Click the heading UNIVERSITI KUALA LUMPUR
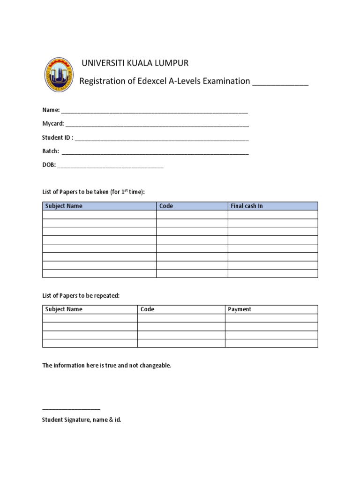(x=135, y=63)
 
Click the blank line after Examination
(x=280, y=82)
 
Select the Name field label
(x=51, y=110)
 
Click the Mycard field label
(x=53, y=124)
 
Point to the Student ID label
(x=58, y=138)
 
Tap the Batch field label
(x=51, y=151)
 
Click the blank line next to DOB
(x=111, y=166)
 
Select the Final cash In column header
(x=247, y=206)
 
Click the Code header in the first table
(x=166, y=206)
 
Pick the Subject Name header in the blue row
(x=64, y=206)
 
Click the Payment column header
(x=240, y=309)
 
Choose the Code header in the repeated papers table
(x=147, y=309)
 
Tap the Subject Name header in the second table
(x=64, y=309)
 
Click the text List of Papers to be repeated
(x=81, y=296)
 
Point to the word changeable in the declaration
(x=155, y=365)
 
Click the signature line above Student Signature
(x=71, y=409)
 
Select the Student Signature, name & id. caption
(x=82, y=420)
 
